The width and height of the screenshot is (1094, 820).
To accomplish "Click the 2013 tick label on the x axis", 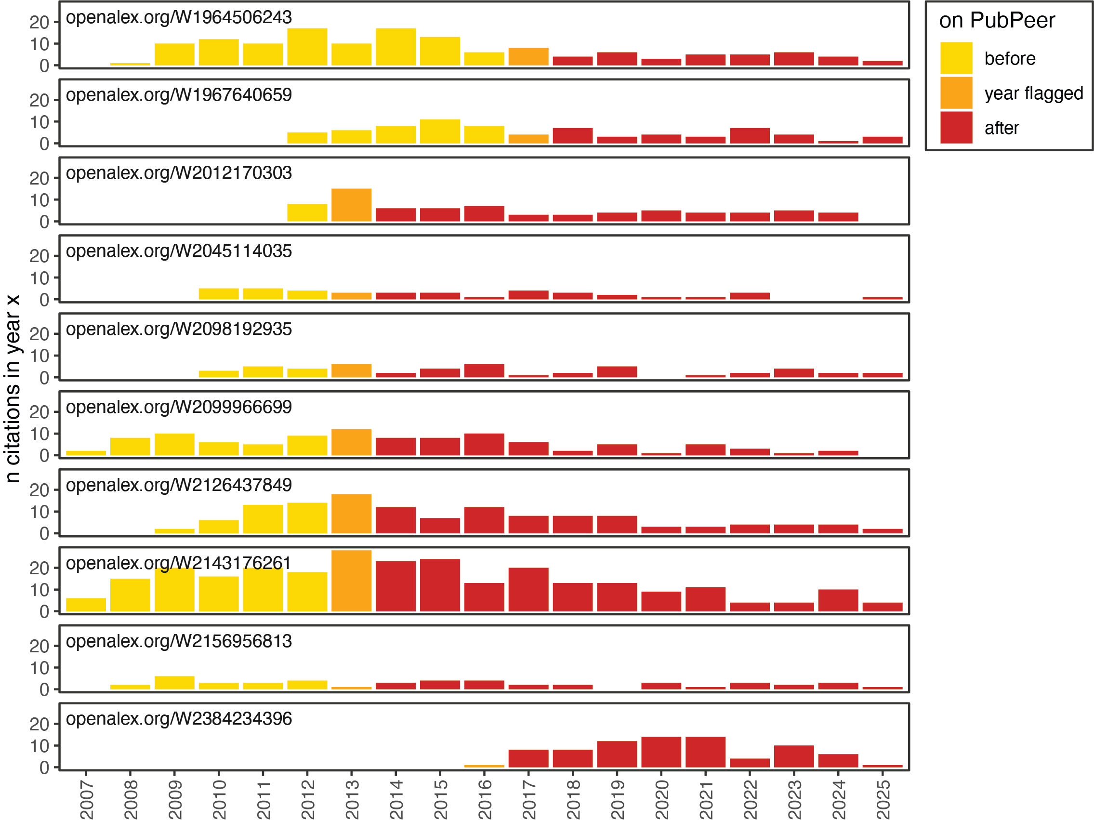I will point(352,799).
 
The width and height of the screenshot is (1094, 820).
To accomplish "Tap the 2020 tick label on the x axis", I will point(662,799).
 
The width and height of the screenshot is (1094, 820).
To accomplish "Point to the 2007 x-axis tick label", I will point(87,799).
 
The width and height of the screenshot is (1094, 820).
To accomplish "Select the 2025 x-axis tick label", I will point(883,799).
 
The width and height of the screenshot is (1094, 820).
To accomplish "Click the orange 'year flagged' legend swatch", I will point(956,93).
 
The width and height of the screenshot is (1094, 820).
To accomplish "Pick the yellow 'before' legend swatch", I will point(956,58).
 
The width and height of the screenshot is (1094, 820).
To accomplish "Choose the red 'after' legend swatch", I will point(956,128).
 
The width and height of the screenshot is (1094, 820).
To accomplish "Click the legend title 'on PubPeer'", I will point(997,21).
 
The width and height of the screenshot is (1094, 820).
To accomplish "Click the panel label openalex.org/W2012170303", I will point(179,173).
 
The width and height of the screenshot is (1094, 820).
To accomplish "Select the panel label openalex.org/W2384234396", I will point(179,719).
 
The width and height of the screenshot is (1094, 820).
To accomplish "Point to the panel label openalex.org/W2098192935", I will point(179,329).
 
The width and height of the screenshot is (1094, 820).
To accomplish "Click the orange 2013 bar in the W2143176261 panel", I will point(352,581).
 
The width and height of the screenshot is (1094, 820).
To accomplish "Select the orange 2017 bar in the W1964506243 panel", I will point(528,57).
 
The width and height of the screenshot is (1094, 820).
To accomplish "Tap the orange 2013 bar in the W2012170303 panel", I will point(352,205).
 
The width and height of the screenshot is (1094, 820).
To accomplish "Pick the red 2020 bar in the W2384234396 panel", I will point(661,752).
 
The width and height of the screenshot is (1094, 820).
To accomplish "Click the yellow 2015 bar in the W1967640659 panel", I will point(440,132).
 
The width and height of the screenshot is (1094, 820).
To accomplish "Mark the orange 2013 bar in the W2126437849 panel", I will point(352,514).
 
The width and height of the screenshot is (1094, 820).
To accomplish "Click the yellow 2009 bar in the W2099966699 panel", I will point(174,445).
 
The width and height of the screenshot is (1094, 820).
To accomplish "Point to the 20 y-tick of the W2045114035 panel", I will point(39,256).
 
